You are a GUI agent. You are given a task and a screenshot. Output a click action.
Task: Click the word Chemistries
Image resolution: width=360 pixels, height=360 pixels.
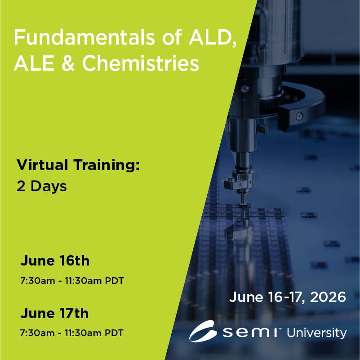[x=141, y=63]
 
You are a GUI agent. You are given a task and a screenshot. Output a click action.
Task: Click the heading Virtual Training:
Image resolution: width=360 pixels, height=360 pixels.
[x=78, y=165]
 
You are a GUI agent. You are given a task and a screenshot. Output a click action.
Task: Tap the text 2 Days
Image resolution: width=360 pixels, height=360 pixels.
[x=42, y=186]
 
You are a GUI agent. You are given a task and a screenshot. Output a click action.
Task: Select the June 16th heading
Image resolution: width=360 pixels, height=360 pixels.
[x=55, y=261]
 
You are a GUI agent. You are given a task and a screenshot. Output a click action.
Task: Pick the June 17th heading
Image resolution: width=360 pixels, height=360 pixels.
[x=55, y=313]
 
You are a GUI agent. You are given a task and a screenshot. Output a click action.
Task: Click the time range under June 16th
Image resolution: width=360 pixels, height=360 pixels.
[x=72, y=281]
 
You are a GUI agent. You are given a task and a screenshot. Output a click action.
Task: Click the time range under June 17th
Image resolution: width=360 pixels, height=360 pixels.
[x=72, y=333]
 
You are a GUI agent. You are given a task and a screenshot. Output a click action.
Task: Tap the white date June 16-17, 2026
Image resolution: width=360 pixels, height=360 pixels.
[x=288, y=297]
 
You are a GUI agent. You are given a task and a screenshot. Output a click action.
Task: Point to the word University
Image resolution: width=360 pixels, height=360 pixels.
[x=316, y=333]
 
